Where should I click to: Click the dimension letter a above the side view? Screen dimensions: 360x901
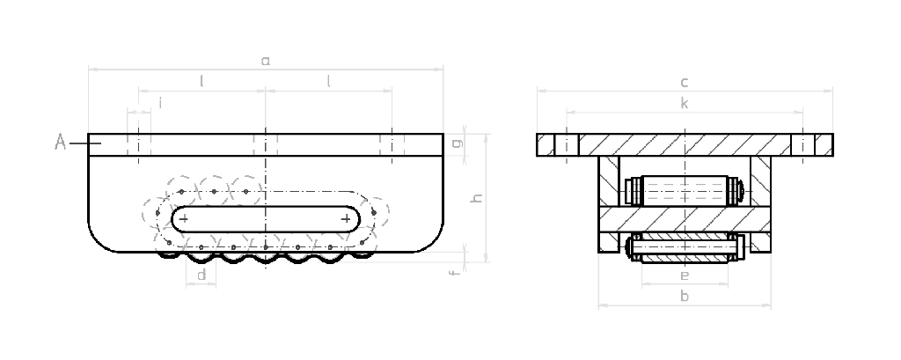[265, 61]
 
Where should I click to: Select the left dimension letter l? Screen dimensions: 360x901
[201, 82]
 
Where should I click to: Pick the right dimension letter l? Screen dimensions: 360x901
[329, 82]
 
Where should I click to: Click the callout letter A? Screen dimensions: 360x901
[61, 142]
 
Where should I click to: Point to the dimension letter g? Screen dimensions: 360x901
[454, 144]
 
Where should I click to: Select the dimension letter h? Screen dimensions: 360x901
[478, 198]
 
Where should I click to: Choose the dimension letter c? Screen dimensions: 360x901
[684, 83]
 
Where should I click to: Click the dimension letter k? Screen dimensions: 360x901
[685, 105]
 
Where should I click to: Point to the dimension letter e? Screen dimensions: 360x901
[685, 276]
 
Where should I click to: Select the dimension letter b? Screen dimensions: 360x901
[685, 298]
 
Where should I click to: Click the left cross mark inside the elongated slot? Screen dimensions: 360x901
[183, 217]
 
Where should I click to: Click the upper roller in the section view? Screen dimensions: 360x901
[684, 188]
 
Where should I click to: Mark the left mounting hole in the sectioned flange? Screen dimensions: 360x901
[568, 144]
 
